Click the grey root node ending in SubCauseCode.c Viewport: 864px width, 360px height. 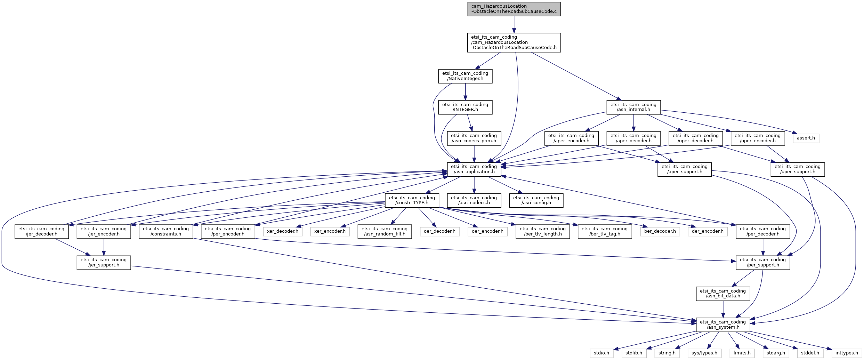point(514,9)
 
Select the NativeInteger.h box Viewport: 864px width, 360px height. point(465,76)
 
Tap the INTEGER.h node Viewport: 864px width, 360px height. point(465,107)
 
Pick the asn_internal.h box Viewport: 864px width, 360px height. point(633,107)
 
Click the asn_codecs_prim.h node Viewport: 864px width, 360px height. point(474,138)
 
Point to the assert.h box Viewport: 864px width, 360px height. point(806,138)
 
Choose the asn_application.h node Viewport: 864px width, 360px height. point(474,169)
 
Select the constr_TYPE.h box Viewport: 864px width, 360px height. point(412,200)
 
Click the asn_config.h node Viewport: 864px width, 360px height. point(536,200)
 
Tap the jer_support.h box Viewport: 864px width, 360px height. point(104,263)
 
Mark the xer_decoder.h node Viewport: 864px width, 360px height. point(283,231)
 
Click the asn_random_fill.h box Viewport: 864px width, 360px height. point(385,231)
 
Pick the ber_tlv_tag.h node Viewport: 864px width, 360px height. point(605,231)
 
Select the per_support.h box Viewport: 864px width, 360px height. point(763,263)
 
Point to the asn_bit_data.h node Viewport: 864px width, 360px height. point(723,294)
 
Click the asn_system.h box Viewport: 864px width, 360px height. point(723,325)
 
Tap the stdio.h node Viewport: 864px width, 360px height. point(601,353)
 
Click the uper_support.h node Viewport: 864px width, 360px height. point(798,169)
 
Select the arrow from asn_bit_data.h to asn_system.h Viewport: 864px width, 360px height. point(723,309)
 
